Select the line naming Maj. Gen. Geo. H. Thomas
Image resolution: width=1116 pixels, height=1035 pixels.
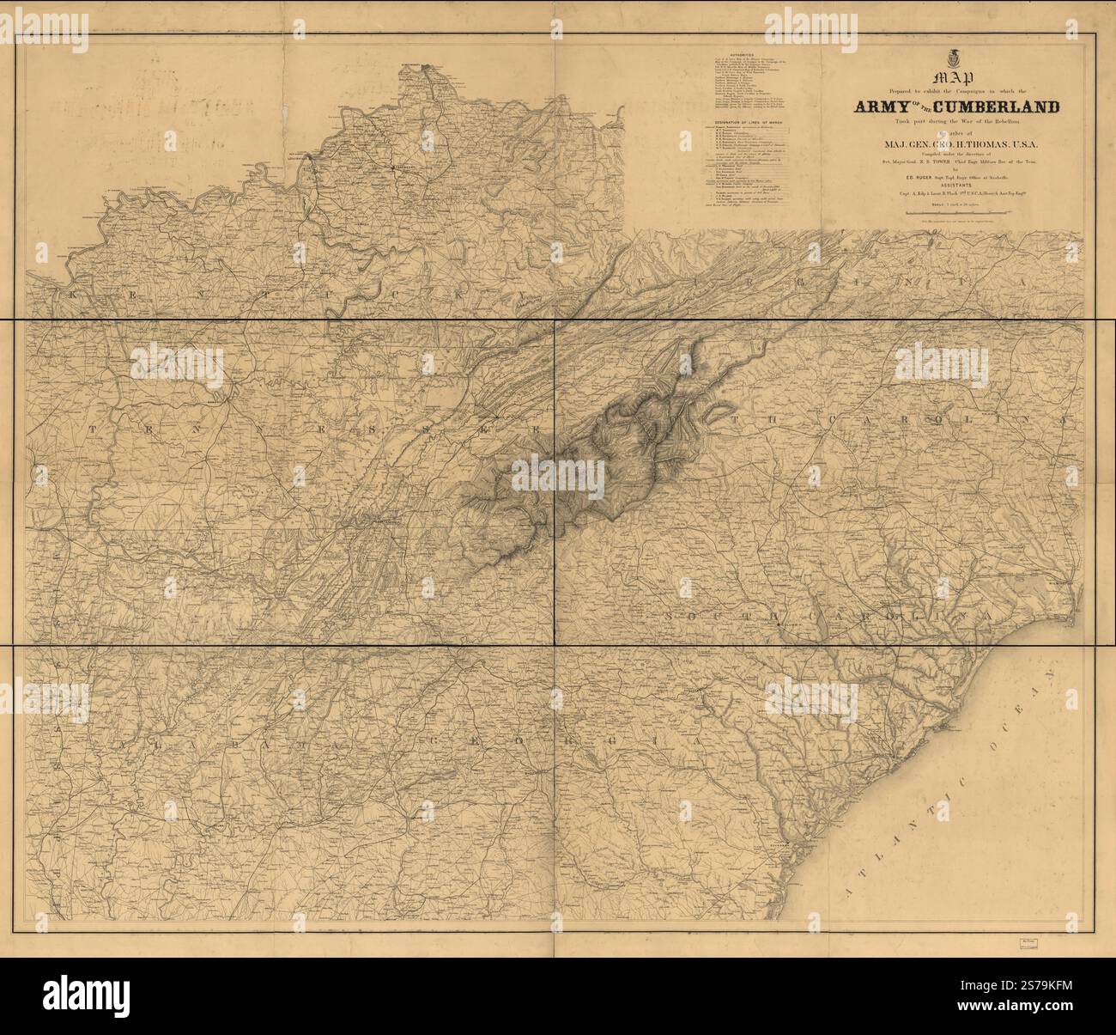(x=954, y=143)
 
